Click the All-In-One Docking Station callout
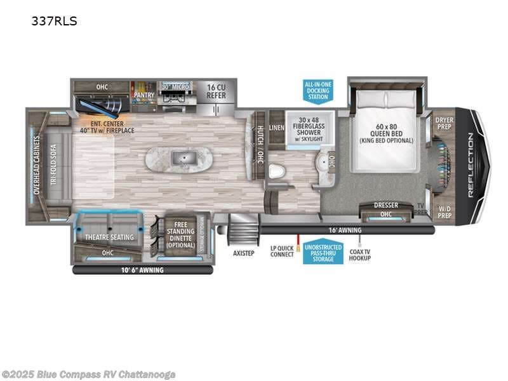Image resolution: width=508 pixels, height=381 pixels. pyautogui.click(x=317, y=91)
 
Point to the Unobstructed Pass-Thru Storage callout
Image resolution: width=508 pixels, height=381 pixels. pyautogui.click(x=323, y=253)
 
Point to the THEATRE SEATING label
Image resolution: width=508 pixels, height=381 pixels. pyautogui.click(x=109, y=237)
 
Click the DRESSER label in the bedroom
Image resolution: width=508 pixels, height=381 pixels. pyautogui.click(x=385, y=205)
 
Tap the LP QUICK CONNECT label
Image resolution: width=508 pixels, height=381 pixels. pyautogui.click(x=282, y=251)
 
